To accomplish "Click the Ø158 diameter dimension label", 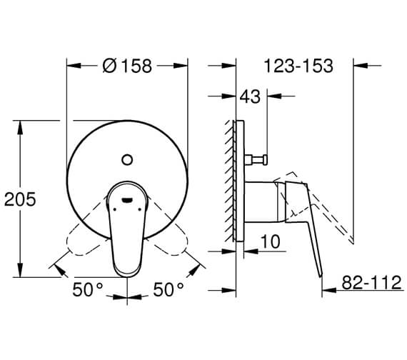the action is coord(127,66).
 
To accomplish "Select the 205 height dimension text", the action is coord(20,199).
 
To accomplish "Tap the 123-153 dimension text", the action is coord(298,66).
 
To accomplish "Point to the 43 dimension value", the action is coord(250,96).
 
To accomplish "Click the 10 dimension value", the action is coord(270,241).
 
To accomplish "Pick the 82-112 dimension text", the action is coord(372,282).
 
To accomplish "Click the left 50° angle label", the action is coord(88,289).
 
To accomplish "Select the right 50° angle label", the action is coord(169,289).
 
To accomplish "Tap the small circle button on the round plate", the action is coord(127,160).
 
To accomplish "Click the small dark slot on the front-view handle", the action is coord(127,200).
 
